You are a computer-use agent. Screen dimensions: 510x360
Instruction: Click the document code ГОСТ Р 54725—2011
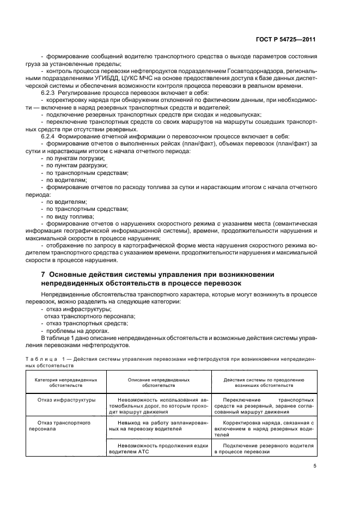[288, 40]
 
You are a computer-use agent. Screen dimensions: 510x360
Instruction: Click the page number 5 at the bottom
[315, 465]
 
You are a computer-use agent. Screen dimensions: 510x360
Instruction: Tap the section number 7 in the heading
[35, 274]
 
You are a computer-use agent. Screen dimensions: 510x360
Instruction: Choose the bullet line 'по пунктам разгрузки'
[76, 165]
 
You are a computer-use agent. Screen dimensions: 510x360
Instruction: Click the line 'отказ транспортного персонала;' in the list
[89, 316]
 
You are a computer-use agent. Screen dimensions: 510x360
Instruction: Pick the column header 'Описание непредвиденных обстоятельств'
[158, 382]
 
